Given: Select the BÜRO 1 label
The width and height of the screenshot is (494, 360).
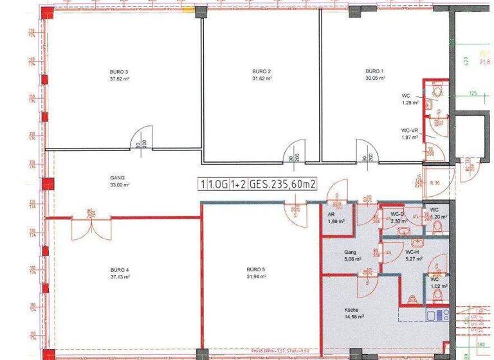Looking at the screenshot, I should point(375,71).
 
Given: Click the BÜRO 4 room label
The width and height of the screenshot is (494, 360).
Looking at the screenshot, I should point(120,270).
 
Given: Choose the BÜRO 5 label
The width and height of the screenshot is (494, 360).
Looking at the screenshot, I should point(256,270).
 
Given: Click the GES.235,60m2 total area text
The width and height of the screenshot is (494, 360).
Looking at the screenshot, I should point(284,184).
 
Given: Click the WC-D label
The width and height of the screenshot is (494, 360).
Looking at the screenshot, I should point(397,214).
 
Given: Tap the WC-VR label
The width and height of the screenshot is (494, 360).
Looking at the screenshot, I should point(410,130).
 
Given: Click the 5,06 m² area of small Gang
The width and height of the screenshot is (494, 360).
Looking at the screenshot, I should point(351,260).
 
